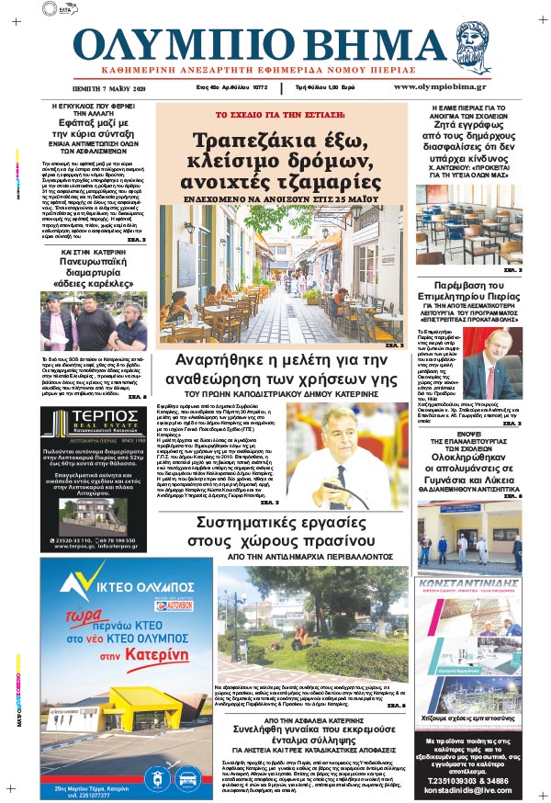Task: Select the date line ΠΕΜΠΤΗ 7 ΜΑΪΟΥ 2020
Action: tap(109, 88)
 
